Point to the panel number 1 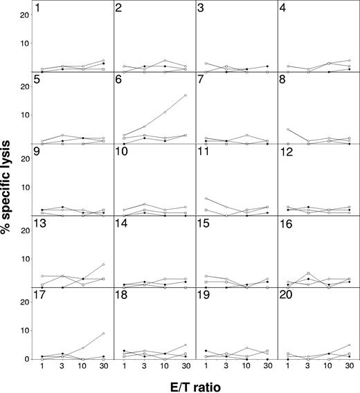tap(37, 8)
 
